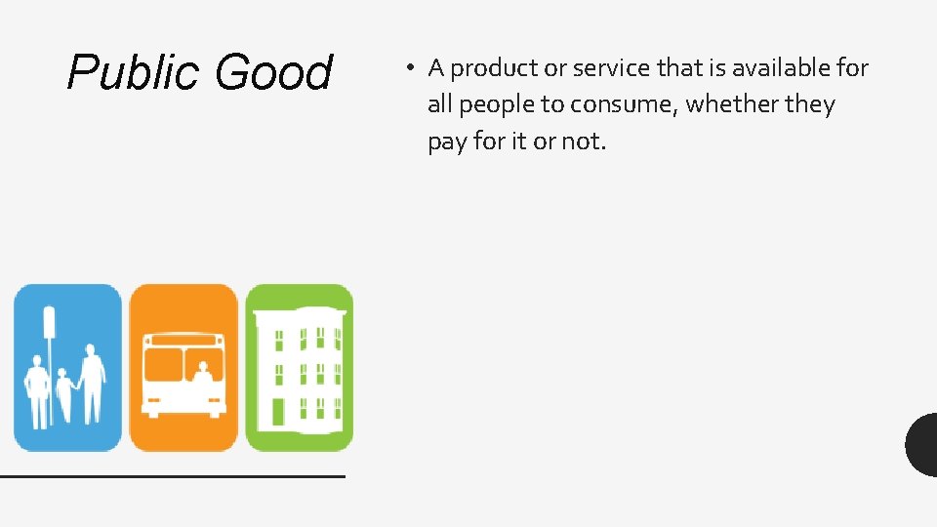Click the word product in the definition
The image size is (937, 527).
coord(497,68)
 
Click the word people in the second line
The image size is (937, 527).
coord(495,104)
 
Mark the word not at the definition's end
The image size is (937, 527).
coord(583,142)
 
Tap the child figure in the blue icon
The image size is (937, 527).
coord(65,392)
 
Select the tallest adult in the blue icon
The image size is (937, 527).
coord(92,383)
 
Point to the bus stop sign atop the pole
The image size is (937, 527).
coord(49,322)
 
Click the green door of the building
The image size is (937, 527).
coord(278,412)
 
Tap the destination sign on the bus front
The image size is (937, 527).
coord(183,342)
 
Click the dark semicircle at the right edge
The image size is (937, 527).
coord(921,445)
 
